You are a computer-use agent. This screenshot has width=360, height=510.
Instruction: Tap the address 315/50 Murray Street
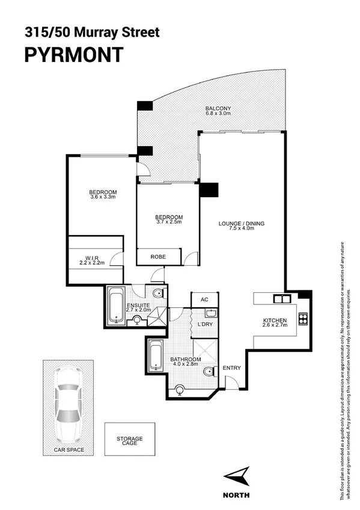[91, 32]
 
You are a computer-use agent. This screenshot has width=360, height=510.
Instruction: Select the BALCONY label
[218, 109]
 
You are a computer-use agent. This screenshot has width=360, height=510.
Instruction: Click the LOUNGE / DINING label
[241, 224]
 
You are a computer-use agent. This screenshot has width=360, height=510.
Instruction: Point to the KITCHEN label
[275, 320]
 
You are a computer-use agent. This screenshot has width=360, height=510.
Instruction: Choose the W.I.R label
[92, 258]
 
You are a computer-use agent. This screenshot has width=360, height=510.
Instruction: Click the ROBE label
[158, 257]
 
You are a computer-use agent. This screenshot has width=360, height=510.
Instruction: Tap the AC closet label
[204, 300]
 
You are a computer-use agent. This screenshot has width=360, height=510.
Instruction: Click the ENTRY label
[231, 368]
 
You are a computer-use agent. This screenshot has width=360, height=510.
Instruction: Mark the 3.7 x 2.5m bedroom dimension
[169, 222]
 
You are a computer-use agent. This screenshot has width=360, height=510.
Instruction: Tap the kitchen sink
[280, 298]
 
